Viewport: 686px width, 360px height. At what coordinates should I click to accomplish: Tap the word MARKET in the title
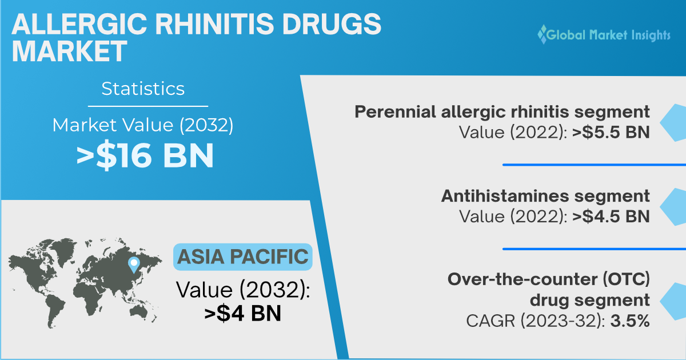tap(69, 51)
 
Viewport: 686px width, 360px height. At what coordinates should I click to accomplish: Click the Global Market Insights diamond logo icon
tap(543, 34)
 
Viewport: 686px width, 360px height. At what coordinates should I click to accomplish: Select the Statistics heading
tap(143, 89)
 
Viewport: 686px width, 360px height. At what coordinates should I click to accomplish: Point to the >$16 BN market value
tap(145, 155)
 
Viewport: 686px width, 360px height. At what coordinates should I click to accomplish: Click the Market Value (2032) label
tap(143, 125)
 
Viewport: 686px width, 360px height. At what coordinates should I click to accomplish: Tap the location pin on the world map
tap(134, 265)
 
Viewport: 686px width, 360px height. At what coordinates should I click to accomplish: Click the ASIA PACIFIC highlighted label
tap(243, 257)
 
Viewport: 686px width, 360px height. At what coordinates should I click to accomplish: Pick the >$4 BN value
tap(242, 313)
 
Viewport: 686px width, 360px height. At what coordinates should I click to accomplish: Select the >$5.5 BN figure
tap(611, 132)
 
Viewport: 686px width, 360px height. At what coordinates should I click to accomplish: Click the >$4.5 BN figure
tap(611, 217)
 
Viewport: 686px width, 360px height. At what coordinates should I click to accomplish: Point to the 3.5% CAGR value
tap(630, 321)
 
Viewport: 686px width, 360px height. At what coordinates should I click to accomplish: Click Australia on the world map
tap(139, 311)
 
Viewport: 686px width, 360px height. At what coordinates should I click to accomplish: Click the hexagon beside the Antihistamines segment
tap(673, 207)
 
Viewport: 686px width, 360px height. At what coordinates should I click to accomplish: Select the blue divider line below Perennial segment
tap(594, 165)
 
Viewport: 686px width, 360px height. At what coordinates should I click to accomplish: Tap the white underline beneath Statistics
tap(148, 106)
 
